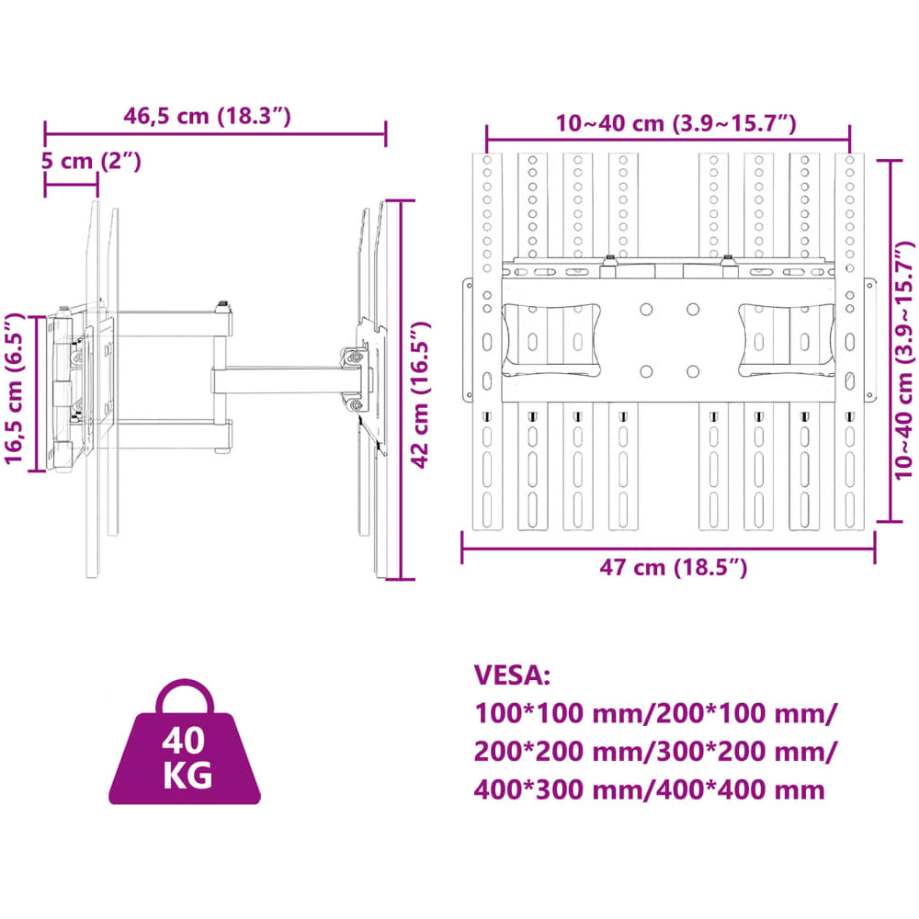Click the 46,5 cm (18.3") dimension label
(x=207, y=116)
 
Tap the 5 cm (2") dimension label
(x=91, y=161)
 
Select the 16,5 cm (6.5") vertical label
(x=14, y=389)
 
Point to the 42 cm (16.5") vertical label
(x=420, y=394)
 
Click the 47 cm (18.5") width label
(x=674, y=567)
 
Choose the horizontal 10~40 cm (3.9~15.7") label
(x=675, y=124)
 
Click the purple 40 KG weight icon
(x=185, y=742)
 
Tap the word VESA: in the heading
(x=512, y=675)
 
